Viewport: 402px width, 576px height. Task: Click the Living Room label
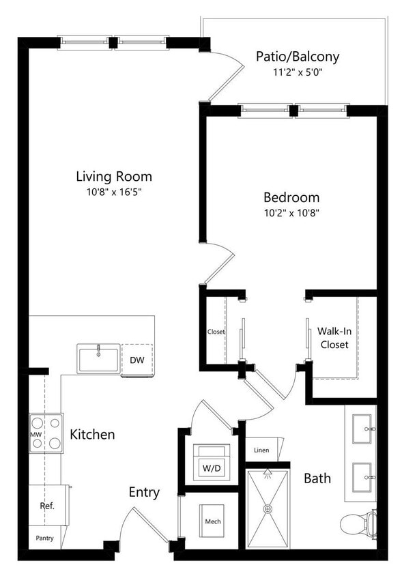113,177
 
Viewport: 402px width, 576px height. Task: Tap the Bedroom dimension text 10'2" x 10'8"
291,212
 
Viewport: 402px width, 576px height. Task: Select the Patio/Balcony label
297,57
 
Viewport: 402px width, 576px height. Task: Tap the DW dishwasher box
137,359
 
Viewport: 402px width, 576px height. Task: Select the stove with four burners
46,433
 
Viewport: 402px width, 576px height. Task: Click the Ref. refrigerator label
46,506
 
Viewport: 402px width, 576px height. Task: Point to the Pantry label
45,538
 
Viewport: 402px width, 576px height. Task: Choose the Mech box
213,522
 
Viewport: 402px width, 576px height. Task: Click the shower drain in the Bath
268,508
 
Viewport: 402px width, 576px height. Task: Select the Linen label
261,450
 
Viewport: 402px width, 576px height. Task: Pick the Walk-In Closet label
334,338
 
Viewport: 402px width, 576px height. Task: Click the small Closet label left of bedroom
216,332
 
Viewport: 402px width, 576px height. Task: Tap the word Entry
144,492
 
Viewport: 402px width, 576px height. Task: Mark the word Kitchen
92,434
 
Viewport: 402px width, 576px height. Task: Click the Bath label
317,478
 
